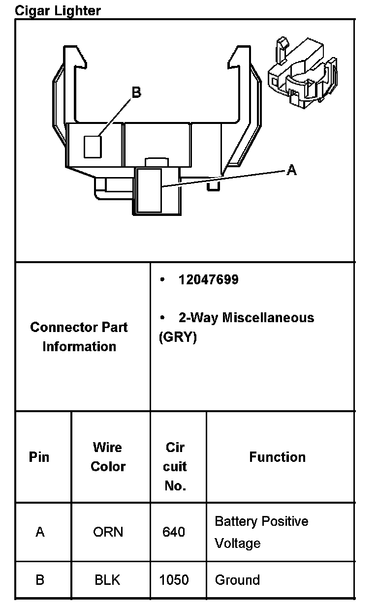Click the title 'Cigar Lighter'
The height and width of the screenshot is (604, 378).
point(58,10)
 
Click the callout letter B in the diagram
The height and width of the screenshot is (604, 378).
point(136,92)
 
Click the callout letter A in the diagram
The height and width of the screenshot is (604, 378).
point(292,170)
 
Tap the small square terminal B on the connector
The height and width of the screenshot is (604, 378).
point(93,147)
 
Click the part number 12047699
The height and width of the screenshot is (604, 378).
point(209,280)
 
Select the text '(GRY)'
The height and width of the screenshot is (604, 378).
point(178,338)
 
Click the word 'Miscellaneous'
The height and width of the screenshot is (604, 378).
point(268,318)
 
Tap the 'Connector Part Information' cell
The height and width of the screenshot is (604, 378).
point(79,337)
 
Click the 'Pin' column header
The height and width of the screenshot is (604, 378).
point(39,457)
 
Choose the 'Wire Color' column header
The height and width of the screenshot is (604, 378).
point(108,457)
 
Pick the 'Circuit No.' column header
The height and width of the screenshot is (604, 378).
point(175,466)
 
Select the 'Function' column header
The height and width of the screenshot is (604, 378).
point(277,457)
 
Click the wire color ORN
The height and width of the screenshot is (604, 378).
point(108,532)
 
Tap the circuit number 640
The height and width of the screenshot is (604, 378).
point(174,532)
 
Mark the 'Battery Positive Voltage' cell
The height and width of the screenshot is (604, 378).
point(261,532)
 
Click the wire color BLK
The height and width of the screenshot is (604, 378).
point(107,580)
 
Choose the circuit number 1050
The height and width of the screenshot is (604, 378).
point(174,580)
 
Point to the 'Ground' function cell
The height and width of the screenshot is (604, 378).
point(237,580)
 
